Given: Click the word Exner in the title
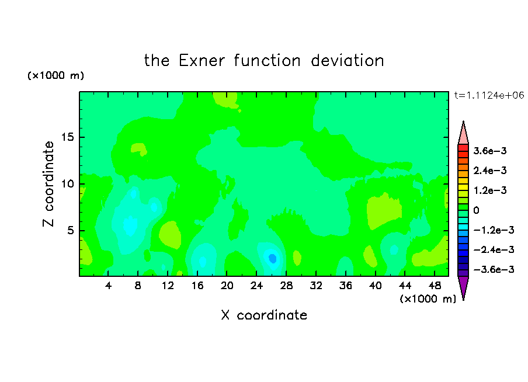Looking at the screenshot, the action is pyautogui.click(x=202, y=61).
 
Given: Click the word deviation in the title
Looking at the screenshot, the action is pyautogui.click(x=347, y=61).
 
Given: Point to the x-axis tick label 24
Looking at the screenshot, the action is pyautogui.click(x=256, y=286).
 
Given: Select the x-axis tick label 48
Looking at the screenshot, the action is pyautogui.click(x=435, y=286).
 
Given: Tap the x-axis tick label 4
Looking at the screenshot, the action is pyautogui.click(x=108, y=286).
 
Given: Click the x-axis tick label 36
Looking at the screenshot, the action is pyautogui.click(x=346, y=286).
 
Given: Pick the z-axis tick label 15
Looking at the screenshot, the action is pyautogui.click(x=67, y=137).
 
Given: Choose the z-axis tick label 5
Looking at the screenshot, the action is pyautogui.click(x=70, y=230).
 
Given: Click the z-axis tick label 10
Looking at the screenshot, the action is pyautogui.click(x=67, y=184).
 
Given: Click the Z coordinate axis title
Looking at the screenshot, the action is pyautogui.click(x=48, y=184).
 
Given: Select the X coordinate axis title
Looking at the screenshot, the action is pyautogui.click(x=264, y=315).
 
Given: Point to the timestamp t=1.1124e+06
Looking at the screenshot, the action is pyautogui.click(x=489, y=95).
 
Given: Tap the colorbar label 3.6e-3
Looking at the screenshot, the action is pyautogui.click(x=489, y=151).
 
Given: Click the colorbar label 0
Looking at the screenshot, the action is pyautogui.click(x=476, y=210).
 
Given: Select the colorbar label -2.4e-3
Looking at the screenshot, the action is pyautogui.click(x=494, y=249).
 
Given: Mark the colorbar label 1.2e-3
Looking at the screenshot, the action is pyautogui.click(x=489, y=190).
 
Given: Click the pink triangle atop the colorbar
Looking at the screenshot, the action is pyautogui.click(x=463, y=133).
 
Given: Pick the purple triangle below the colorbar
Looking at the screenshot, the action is pyautogui.click(x=463, y=287).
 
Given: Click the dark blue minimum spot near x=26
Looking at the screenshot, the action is pyautogui.click(x=272, y=258).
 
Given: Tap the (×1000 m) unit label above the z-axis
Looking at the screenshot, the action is pyautogui.click(x=55, y=75).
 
